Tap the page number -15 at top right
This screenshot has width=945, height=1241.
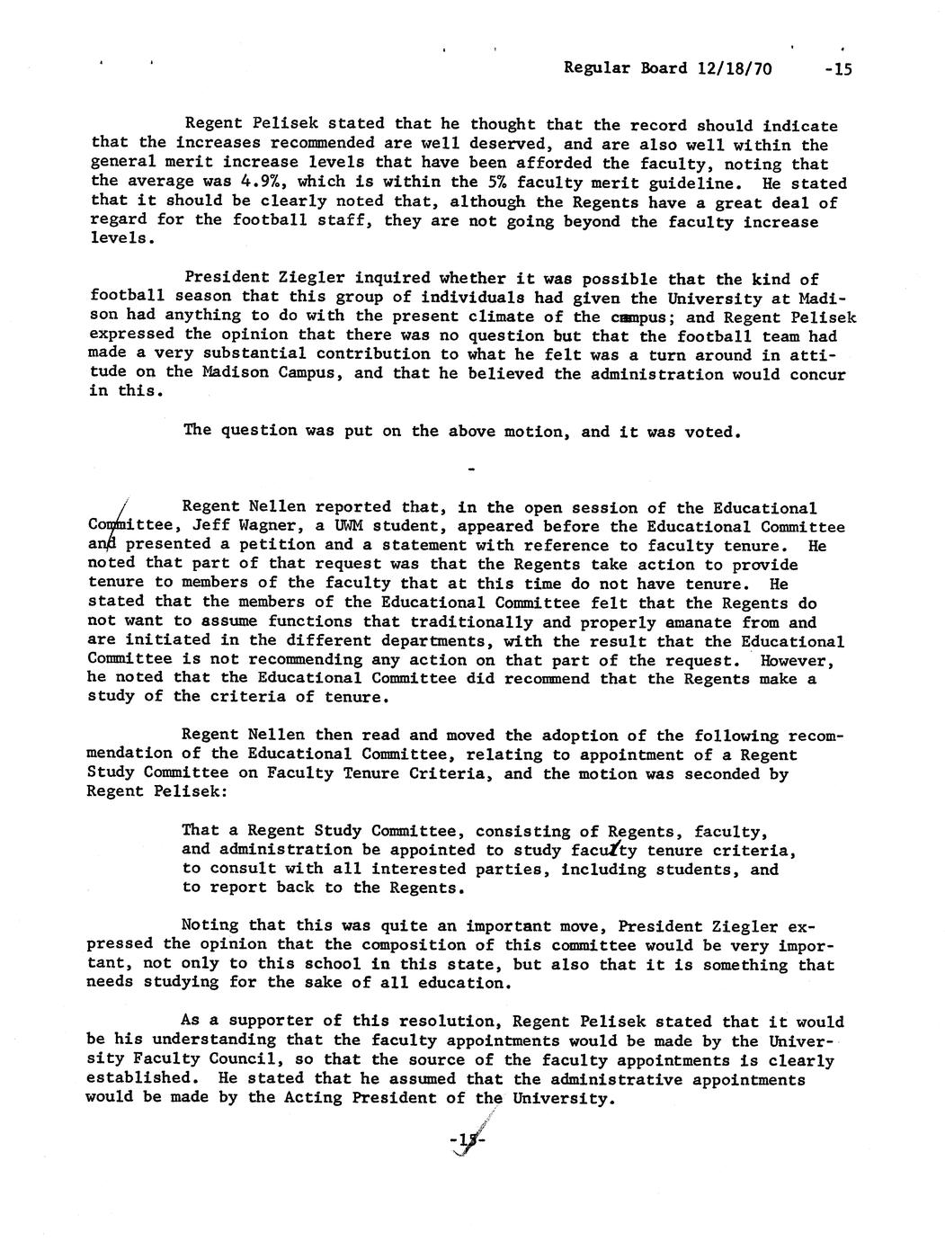click(x=831, y=69)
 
